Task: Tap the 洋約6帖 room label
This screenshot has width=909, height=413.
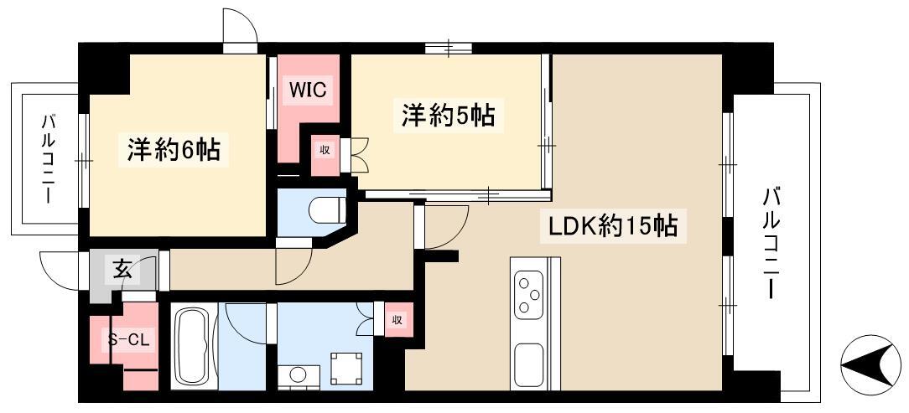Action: point(174,150)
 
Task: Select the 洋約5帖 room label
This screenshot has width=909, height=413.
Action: point(447,115)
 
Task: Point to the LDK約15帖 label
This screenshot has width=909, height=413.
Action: point(613,225)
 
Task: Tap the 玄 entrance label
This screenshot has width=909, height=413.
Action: point(122,270)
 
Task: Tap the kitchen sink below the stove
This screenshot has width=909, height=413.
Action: point(529,364)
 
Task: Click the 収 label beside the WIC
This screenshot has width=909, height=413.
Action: point(323,152)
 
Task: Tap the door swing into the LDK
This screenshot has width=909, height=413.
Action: point(444,227)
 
